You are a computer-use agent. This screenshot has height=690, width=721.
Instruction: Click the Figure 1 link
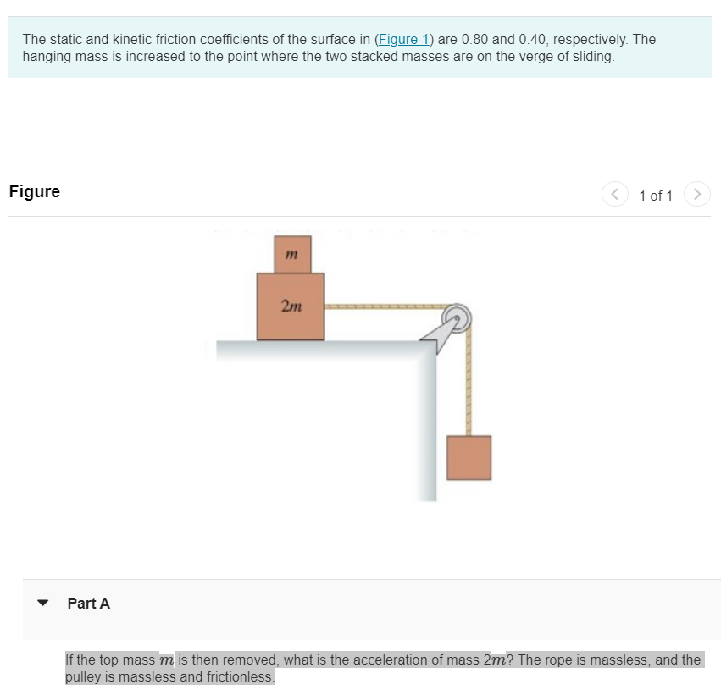click(x=404, y=39)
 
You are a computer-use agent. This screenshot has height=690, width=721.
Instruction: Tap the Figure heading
click(x=35, y=191)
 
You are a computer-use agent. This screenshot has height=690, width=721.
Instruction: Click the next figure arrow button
click(x=696, y=194)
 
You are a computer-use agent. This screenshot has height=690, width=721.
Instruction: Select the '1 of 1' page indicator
click(x=655, y=196)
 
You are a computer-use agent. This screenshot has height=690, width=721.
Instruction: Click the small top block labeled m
click(x=291, y=254)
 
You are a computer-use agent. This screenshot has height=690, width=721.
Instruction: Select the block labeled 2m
click(x=291, y=306)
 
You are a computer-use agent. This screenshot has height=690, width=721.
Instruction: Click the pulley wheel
click(x=458, y=318)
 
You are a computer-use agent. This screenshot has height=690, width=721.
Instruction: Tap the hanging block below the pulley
click(x=469, y=457)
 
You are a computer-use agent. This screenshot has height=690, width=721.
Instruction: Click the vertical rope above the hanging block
click(x=469, y=381)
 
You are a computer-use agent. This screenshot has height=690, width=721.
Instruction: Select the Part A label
click(x=88, y=604)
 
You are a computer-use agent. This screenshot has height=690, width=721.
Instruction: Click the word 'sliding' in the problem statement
click(x=589, y=57)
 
